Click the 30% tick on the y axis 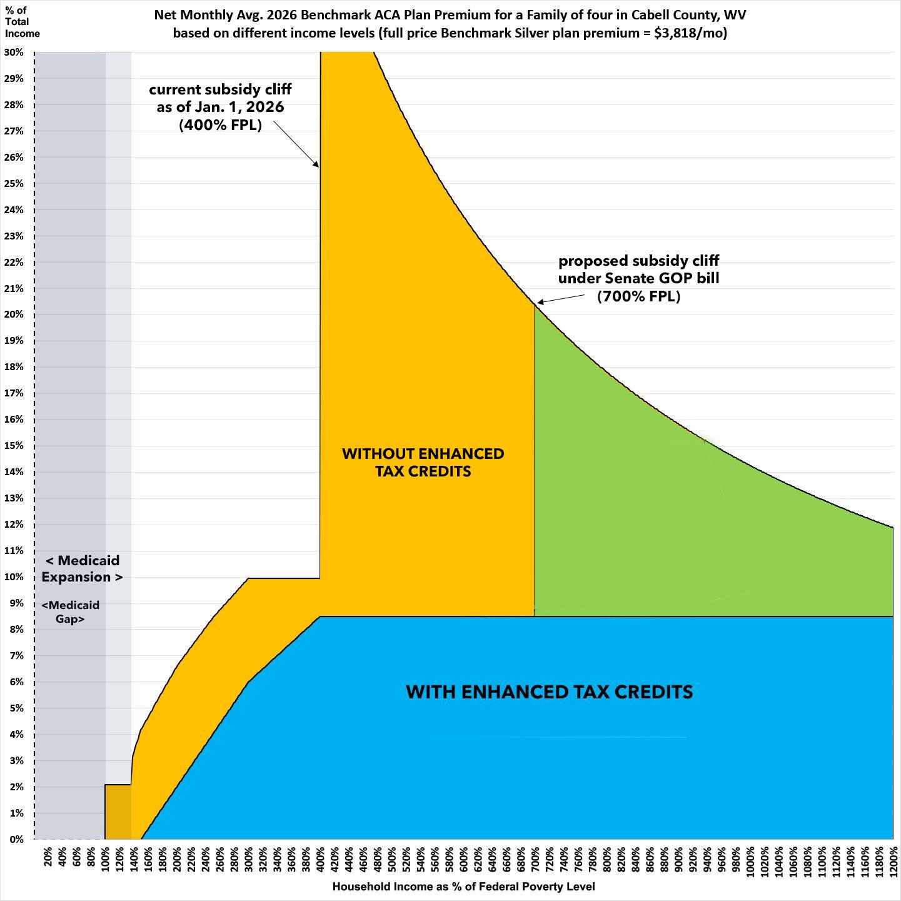(14, 53)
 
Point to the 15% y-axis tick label (14, 446)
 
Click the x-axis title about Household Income (463, 887)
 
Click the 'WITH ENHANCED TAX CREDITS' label (549, 692)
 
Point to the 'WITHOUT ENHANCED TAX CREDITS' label (423, 462)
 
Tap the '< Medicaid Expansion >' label (82, 568)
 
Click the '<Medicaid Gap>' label (71, 612)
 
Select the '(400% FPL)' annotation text (220, 124)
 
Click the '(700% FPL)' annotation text (638, 296)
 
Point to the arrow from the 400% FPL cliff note (296, 144)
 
